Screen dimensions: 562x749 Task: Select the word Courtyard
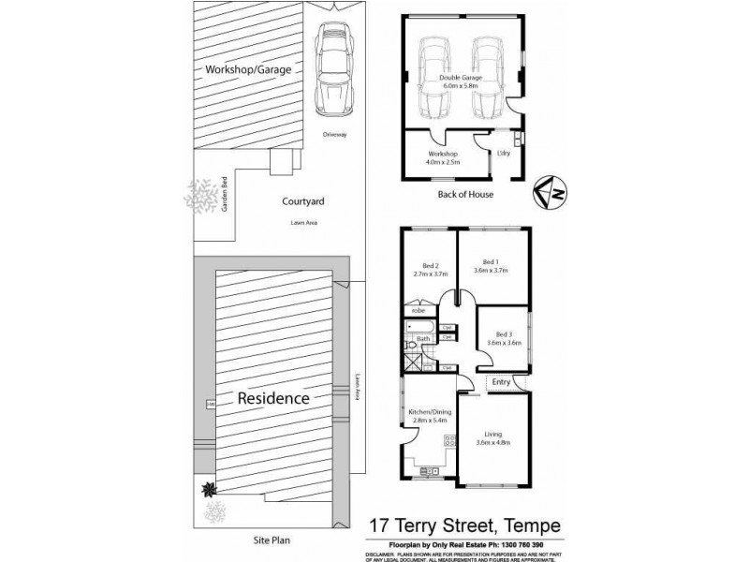(302, 201)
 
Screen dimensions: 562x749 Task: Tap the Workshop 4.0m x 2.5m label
(440, 156)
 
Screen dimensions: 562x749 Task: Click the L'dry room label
(503, 153)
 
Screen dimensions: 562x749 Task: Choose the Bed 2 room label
(431, 270)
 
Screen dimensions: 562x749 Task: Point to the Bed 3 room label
(504, 338)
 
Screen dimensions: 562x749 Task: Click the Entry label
(501, 381)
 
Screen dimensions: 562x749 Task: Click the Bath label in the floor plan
(422, 339)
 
